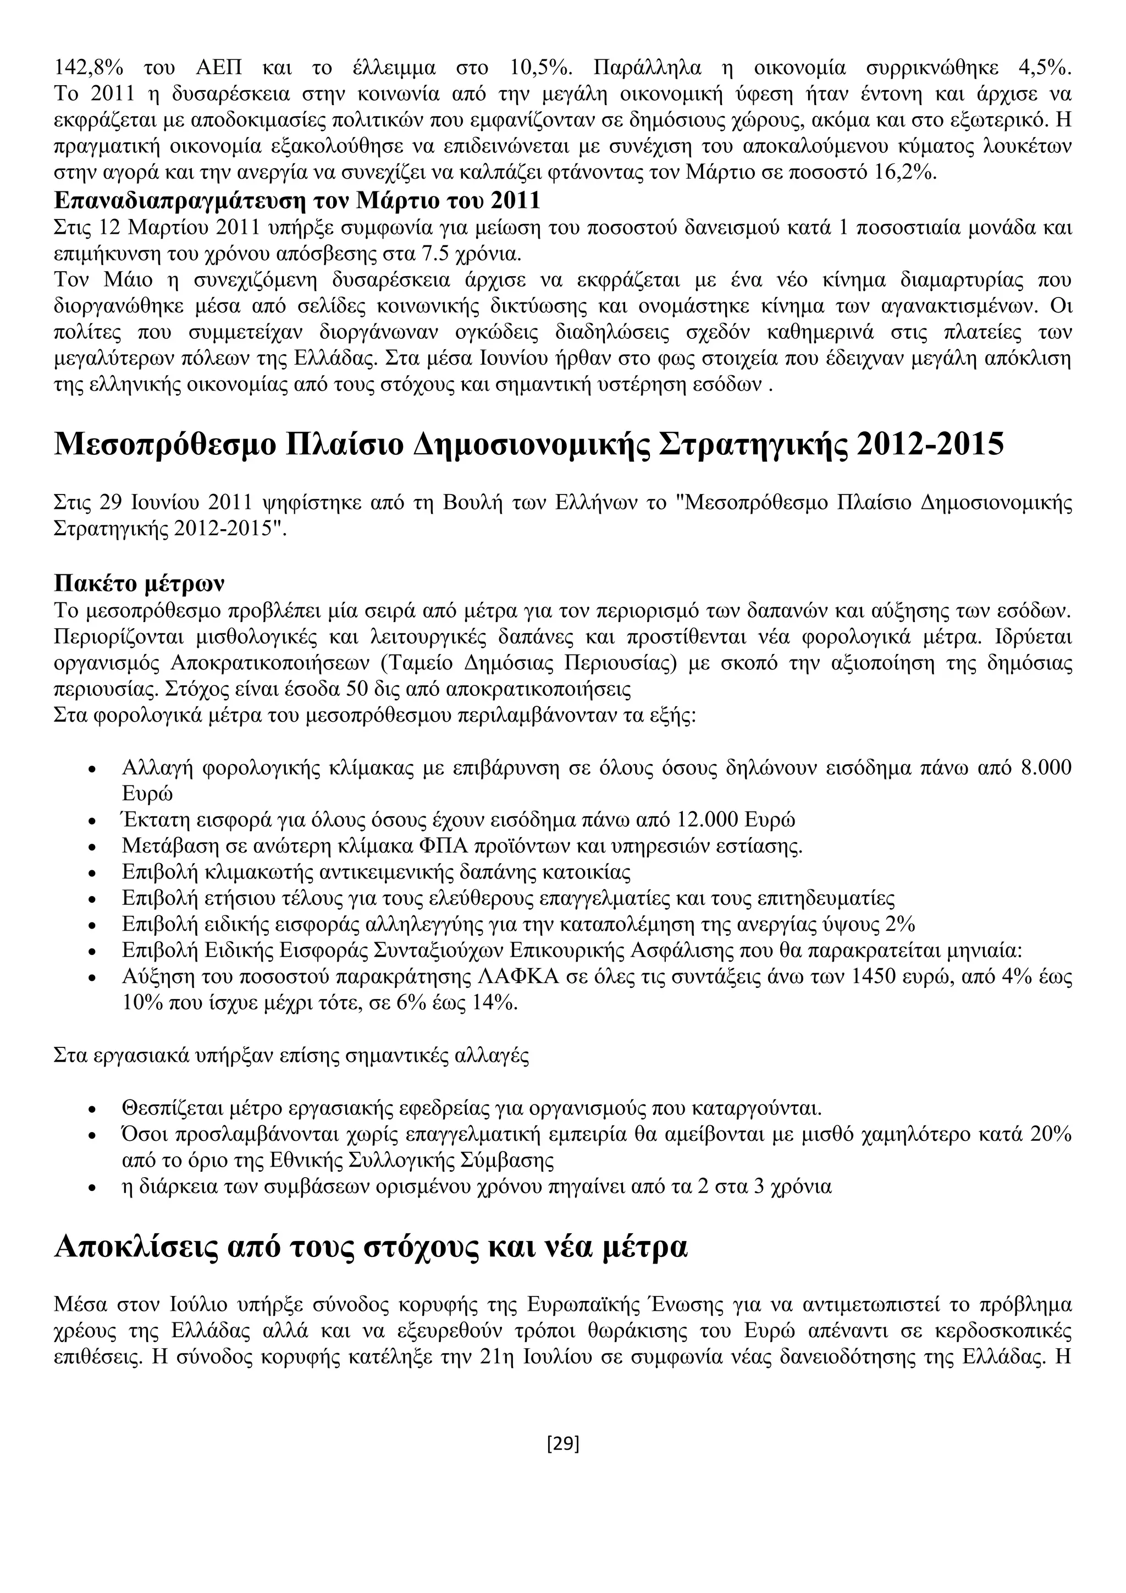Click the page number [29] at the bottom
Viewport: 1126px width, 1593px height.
point(562,1444)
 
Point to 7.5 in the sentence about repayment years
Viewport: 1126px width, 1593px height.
point(435,254)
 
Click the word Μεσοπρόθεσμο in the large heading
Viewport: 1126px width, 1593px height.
point(164,444)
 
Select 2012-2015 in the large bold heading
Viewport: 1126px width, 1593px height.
point(930,444)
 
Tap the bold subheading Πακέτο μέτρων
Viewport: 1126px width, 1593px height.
point(139,584)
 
